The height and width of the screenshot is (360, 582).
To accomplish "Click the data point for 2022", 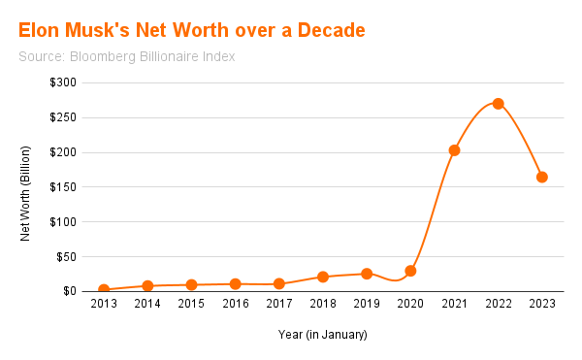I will click(498, 104).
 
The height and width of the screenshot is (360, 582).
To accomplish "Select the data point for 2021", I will click(454, 150).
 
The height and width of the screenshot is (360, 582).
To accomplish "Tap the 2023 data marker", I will click(542, 177).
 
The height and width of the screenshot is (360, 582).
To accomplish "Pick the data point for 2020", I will click(410, 271).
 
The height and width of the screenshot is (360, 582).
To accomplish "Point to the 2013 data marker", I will click(104, 289).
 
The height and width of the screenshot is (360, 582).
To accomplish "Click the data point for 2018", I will click(323, 277).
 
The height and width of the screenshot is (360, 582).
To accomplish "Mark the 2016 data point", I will click(235, 284).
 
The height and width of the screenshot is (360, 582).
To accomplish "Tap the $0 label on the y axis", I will click(69, 291).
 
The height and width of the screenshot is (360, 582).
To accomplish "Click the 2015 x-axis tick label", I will click(191, 305).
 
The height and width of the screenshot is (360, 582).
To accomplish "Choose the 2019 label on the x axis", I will click(367, 305).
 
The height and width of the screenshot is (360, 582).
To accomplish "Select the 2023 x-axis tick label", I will click(542, 305).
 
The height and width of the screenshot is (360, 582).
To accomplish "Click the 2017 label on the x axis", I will click(279, 305).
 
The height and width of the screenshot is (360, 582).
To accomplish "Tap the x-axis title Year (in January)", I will click(323, 335).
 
